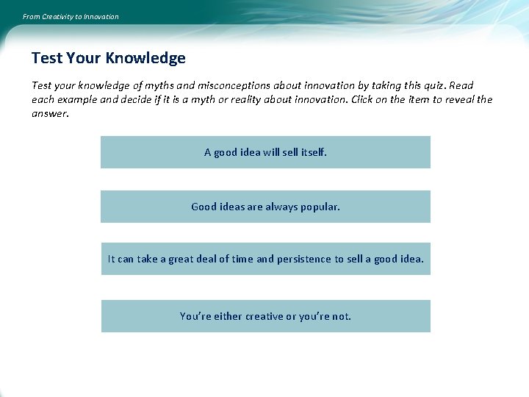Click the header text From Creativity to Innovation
71,16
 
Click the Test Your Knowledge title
108,57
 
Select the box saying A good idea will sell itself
265,152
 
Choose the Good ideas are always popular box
265,207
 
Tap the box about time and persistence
265,259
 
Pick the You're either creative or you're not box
265,316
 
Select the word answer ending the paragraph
50,113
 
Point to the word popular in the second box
320,207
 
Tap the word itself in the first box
314,152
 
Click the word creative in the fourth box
264,316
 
